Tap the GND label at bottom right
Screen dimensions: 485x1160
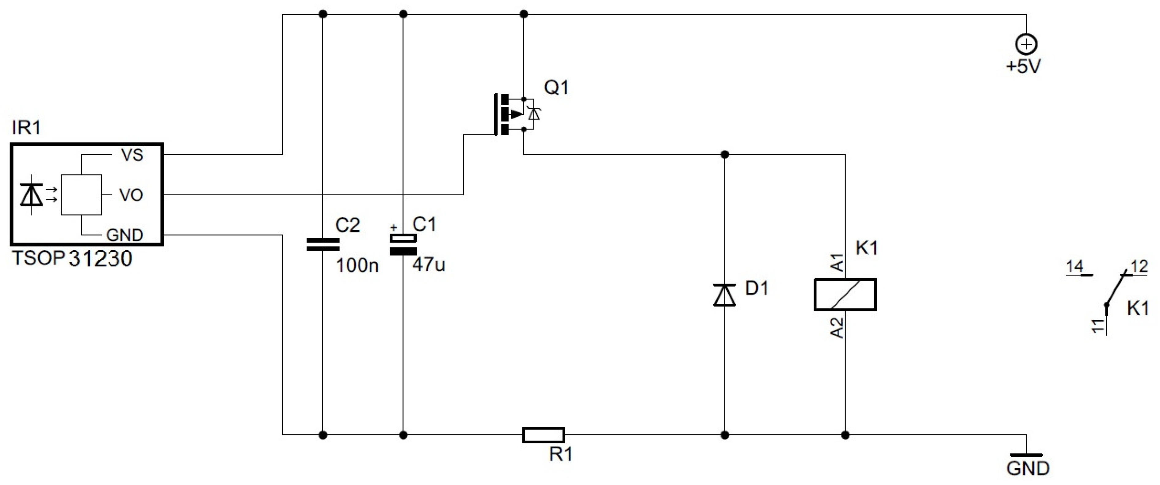pyautogui.click(x=1028, y=469)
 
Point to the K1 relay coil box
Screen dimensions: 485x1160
pyautogui.click(x=845, y=295)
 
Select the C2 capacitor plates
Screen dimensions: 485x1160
pyautogui.click(x=323, y=244)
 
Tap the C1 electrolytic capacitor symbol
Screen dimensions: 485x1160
pyautogui.click(x=403, y=245)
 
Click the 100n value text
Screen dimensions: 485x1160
pyautogui.click(x=357, y=266)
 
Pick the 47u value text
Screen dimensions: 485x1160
pyautogui.click(x=428, y=265)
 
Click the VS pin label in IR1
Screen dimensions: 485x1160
pyautogui.click(x=132, y=155)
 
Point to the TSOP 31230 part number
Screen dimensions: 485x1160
pyautogui.click(x=72, y=259)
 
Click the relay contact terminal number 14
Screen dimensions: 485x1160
pyautogui.click(x=1074, y=267)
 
